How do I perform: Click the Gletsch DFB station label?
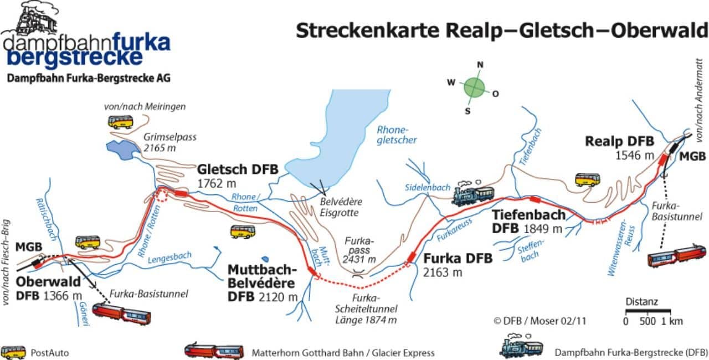(238, 176)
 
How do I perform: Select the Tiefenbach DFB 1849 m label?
(528, 222)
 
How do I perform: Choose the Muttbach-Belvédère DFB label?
(263, 283)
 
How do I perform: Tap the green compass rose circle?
(474, 88)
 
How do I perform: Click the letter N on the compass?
(480, 65)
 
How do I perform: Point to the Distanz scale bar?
(648, 310)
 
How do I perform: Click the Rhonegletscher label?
(397, 135)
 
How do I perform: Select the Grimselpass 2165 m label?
(169, 142)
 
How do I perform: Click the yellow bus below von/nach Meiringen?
(120, 122)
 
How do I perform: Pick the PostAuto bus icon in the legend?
(13, 353)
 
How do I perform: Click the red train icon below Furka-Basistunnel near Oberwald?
(121, 314)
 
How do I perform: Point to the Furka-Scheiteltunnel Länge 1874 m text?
(366, 309)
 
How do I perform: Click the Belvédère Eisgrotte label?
(341, 207)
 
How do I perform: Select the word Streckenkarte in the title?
(367, 30)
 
